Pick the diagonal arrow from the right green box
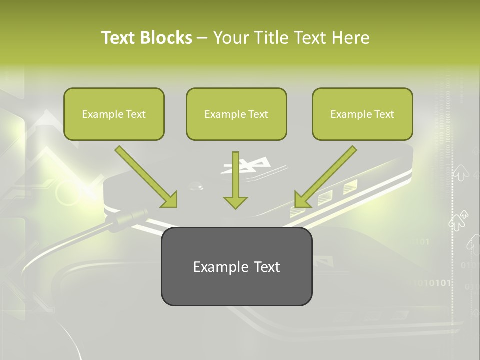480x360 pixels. click(x=326, y=176)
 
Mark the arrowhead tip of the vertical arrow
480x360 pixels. click(x=235, y=207)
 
